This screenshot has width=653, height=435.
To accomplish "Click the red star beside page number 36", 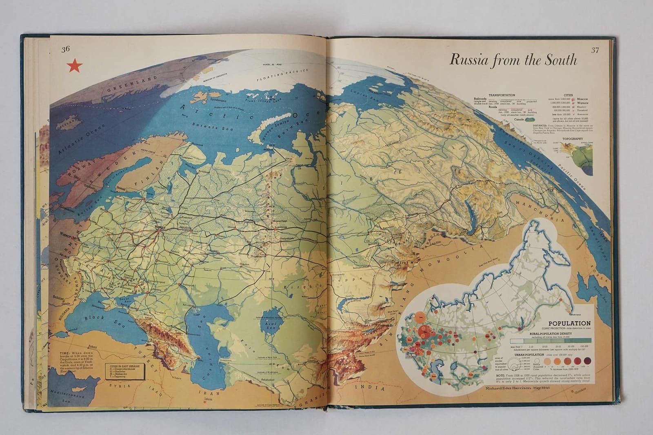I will [x=73, y=66].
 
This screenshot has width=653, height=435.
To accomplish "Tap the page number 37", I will [x=595, y=51].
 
